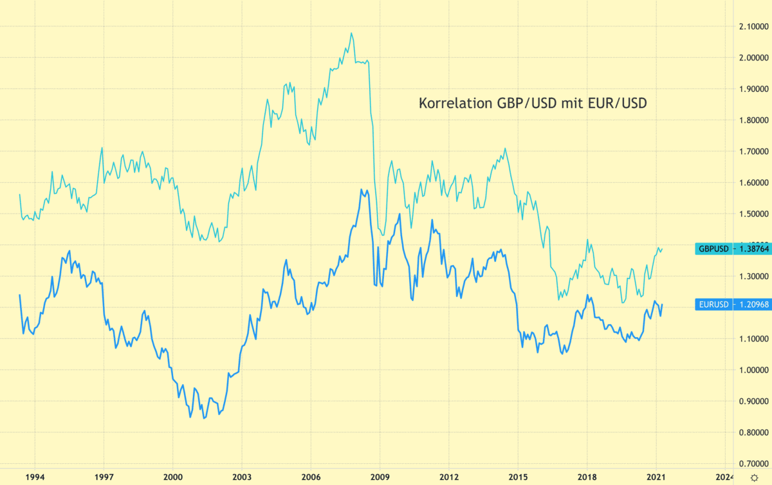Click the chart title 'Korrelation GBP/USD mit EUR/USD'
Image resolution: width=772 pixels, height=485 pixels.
533,103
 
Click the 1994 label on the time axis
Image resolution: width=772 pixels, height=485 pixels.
35,477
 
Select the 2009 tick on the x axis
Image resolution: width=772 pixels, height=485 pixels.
380,477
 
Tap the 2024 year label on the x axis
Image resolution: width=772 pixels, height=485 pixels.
725,477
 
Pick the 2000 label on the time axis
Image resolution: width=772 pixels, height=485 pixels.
172,477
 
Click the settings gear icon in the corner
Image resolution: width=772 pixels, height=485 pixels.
755,477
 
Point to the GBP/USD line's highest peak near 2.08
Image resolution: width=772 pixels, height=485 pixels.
351,33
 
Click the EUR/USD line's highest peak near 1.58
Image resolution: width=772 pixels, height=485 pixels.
362,190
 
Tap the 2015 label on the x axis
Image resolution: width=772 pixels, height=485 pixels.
518,477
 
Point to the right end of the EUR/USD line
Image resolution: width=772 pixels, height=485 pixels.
663,304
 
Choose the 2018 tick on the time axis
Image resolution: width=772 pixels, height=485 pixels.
587,477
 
